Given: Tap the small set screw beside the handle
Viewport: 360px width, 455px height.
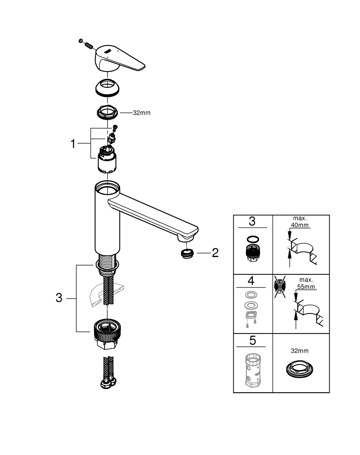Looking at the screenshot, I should pyautogui.click(x=87, y=44).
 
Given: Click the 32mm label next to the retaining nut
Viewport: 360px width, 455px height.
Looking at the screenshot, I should pyautogui.click(x=141, y=113).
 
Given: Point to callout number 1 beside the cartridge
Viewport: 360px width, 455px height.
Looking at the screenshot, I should pyautogui.click(x=72, y=144).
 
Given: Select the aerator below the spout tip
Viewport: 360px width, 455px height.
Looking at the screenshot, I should pyautogui.click(x=185, y=253).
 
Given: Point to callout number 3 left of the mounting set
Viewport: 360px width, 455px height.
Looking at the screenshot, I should pyautogui.click(x=59, y=298).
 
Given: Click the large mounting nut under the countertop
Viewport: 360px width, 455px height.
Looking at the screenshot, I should pyautogui.click(x=107, y=334).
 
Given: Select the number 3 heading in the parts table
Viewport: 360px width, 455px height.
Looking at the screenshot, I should pyautogui.click(x=252, y=222).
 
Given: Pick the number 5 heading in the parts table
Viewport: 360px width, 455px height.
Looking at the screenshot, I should pyautogui.click(x=252, y=340).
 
